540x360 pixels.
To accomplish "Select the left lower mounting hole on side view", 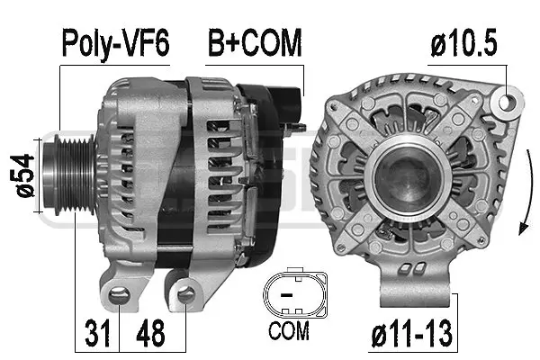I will pos(116,292).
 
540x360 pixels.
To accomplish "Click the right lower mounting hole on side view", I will pos(186,292).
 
